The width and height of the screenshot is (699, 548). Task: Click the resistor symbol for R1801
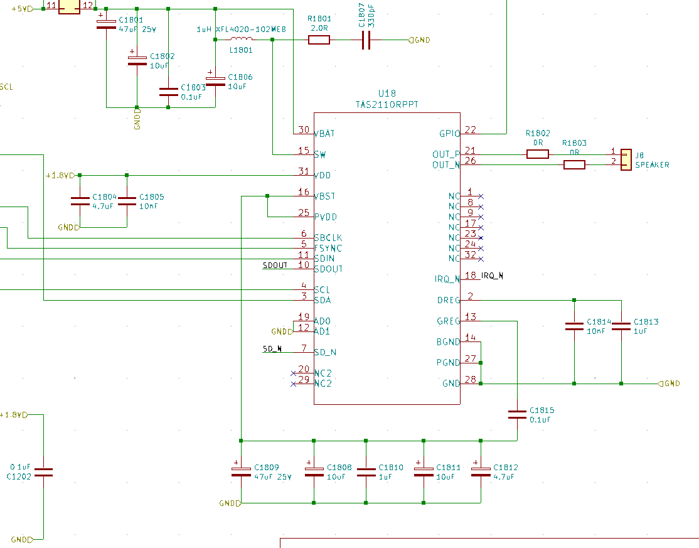click(319, 40)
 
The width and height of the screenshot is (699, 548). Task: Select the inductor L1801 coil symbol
click(242, 40)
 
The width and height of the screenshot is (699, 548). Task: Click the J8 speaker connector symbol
click(625, 159)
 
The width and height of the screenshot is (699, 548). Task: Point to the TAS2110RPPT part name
click(387, 104)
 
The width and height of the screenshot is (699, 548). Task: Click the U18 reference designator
click(387, 94)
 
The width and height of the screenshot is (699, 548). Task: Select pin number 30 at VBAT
click(304, 130)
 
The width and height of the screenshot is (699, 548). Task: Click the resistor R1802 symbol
click(538, 154)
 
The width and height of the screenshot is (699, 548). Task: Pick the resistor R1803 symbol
click(574, 164)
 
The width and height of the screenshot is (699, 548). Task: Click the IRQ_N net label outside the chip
click(493, 276)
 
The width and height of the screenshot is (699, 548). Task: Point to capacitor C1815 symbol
click(517, 414)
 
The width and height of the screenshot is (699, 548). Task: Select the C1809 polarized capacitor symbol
click(240, 471)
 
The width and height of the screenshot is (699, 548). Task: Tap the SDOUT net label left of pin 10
click(275, 266)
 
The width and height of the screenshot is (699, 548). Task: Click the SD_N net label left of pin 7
click(272, 348)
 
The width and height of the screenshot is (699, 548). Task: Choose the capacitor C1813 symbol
click(621, 326)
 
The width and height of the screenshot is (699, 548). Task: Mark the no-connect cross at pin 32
click(481, 259)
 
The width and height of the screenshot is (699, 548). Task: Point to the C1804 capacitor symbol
click(80, 201)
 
